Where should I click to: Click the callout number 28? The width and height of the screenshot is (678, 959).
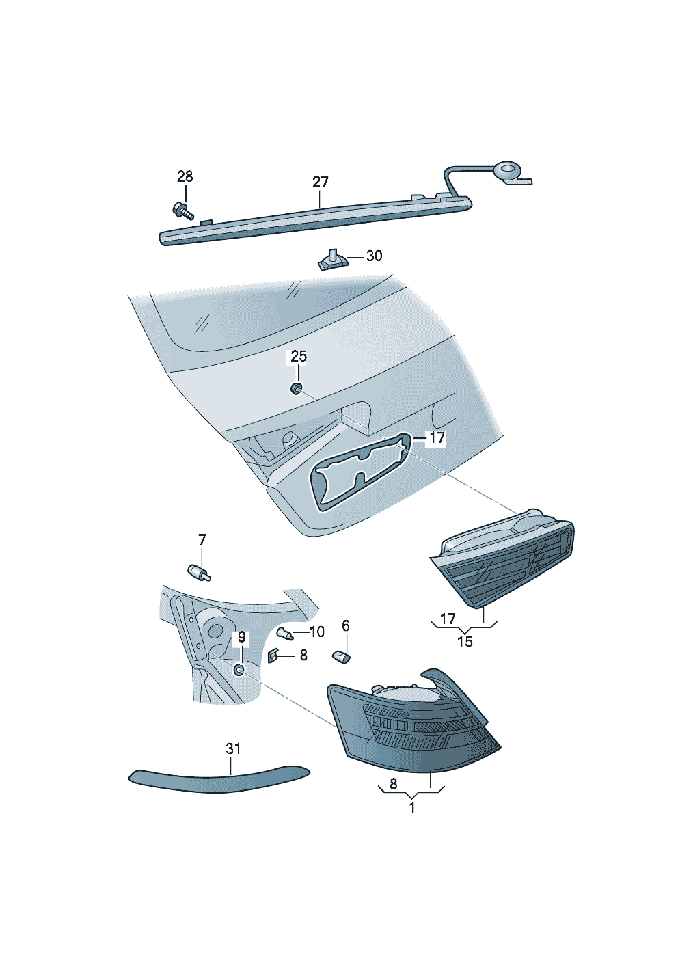tap(185, 176)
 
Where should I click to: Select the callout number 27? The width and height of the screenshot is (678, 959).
tap(320, 183)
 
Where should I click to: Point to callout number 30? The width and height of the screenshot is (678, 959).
tap(374, 256)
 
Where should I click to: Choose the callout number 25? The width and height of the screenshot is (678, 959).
tap(299, 356)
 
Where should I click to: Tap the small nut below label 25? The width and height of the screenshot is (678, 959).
tap(296, 389)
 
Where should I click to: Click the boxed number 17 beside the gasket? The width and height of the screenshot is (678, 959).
tap(437, 438)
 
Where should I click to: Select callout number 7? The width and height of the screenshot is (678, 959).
tap(202, 540)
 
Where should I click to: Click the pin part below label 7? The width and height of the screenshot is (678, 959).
tap(199, 572)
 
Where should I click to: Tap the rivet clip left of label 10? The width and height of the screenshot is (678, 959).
tap(285, 633)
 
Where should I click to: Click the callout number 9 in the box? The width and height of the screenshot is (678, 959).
tap(242, 638)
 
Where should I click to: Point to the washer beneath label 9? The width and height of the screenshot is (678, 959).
tap(239, 670)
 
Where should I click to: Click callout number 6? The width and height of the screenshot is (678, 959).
tap(345, 625)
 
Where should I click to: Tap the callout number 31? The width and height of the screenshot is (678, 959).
tap(233, 748)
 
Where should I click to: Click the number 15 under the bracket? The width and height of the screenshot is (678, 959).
tap(465, 642)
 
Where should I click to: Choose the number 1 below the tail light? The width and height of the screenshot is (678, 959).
tap(411, 808)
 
